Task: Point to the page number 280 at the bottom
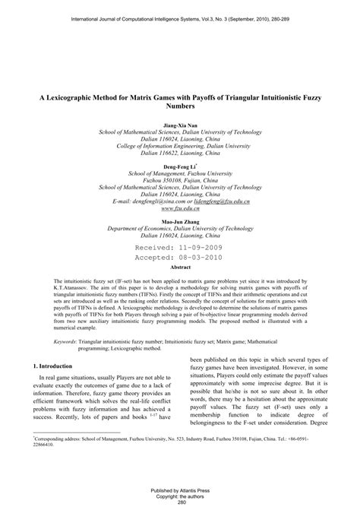tap(180, 502)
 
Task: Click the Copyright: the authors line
tap(180, 496)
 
